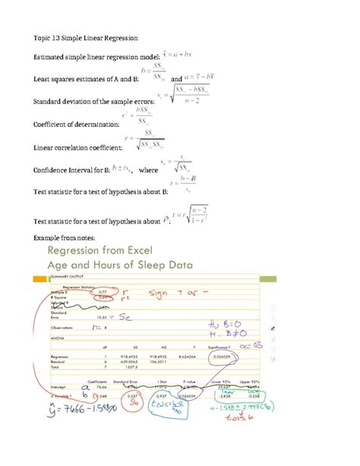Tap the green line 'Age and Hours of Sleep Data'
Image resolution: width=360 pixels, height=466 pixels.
pyautogui.click(x=122, y=266)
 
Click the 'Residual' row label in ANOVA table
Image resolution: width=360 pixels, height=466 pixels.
pyautogui.click(x=60, y=361)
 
